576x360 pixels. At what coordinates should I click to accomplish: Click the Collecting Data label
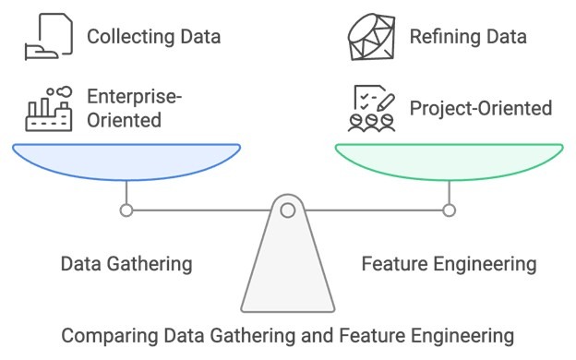tap(153, 37)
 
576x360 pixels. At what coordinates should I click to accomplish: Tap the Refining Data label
tap(468, 37)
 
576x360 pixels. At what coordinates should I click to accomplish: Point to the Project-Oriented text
tap(481, 108)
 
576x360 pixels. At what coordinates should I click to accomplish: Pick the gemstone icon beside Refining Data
tap(372, 37)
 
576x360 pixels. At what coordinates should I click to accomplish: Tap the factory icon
tap(47, 109)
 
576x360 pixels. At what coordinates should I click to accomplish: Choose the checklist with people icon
tap(372, 109)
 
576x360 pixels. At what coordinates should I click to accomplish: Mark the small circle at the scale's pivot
tap(288, 210)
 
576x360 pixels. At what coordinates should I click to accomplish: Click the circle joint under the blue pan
tap(126, 210)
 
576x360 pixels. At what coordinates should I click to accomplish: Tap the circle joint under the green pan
tap(449, 210)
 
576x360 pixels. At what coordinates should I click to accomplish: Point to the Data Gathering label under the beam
tap(126, 264)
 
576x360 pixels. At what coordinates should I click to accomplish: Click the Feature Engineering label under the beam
tap(449, 264)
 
